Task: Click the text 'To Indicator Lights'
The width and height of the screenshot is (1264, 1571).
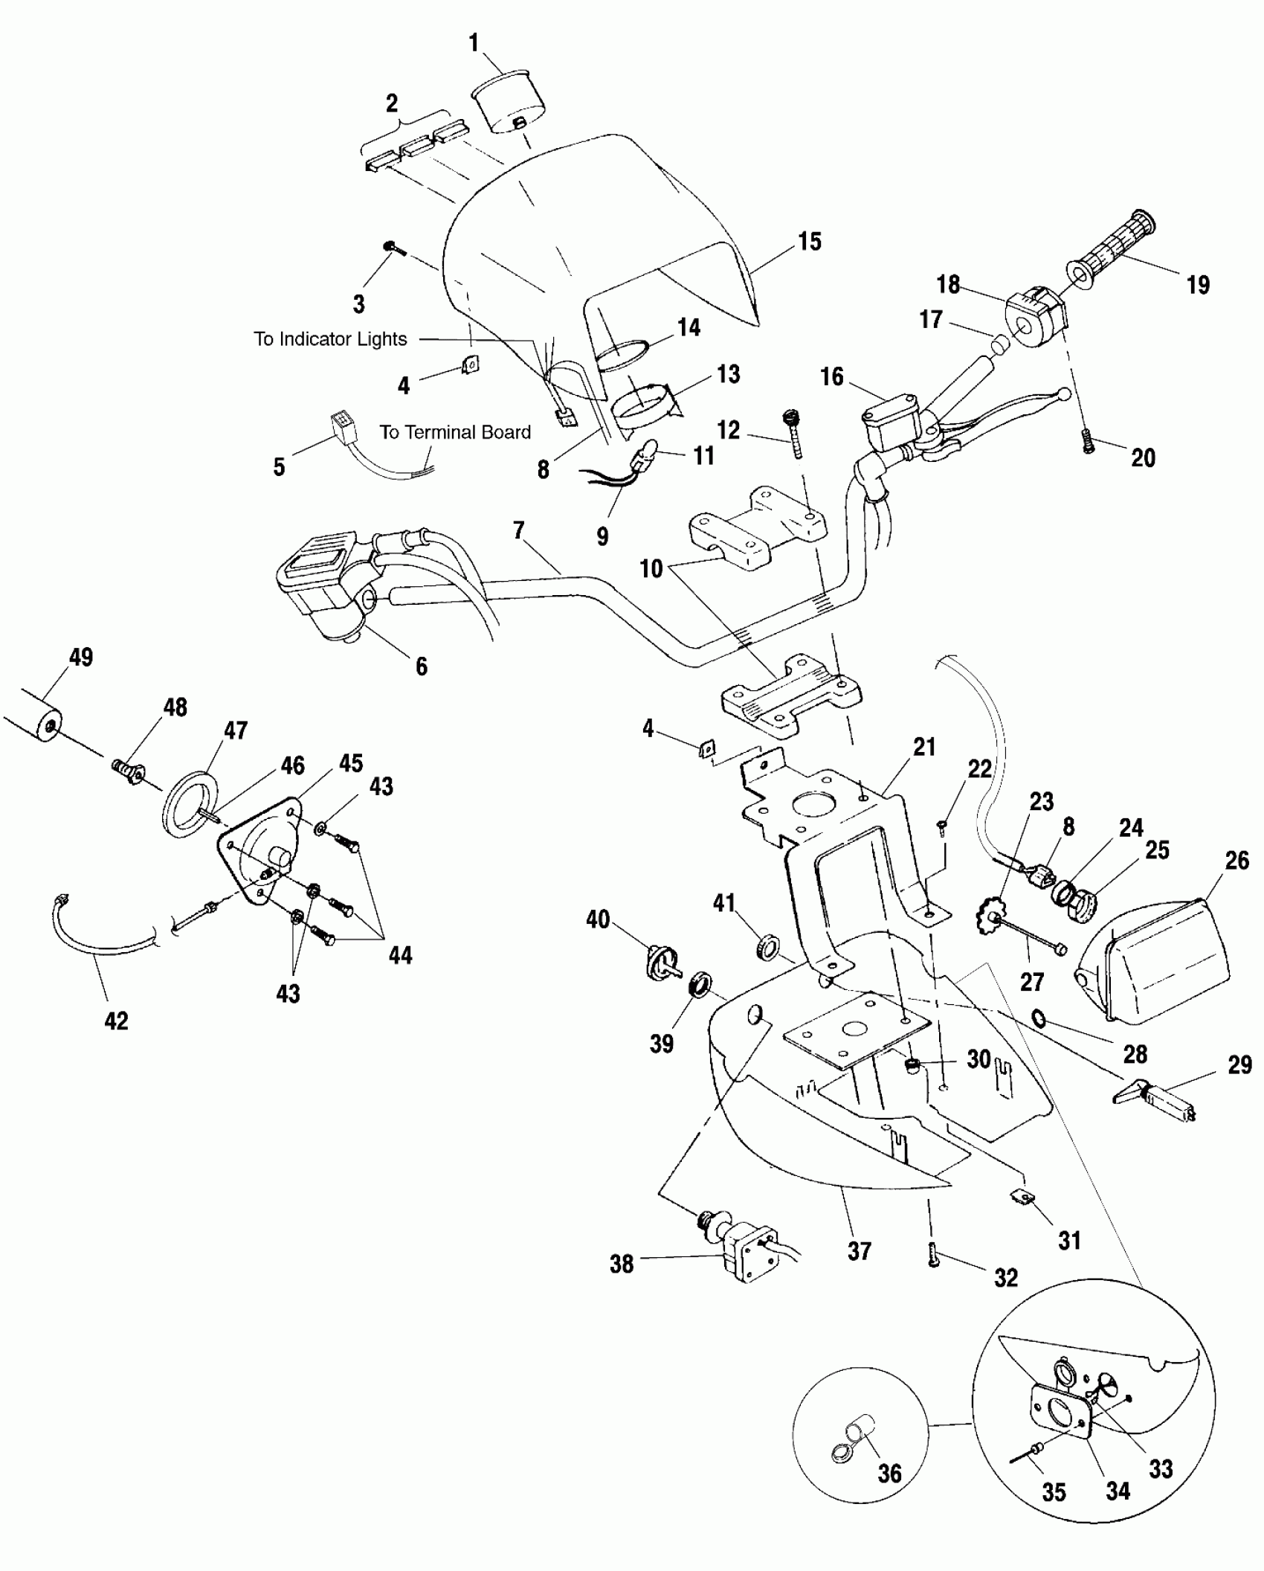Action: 330,339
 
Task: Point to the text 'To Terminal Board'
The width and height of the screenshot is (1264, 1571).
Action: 455,432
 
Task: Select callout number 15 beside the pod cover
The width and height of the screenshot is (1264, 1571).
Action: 810,241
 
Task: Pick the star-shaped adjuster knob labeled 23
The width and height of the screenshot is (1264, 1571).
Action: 989,917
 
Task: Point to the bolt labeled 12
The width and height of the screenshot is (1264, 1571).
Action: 793,434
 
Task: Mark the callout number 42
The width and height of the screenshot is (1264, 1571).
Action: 116,1021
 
